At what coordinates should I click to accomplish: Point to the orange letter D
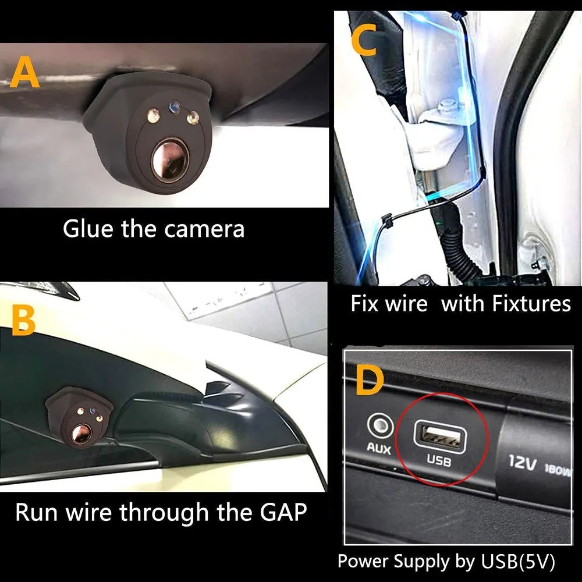point(370,382)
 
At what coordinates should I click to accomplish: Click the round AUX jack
point(378,427)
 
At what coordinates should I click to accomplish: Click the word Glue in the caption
point(88,229)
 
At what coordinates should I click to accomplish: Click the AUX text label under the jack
point(378,449)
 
